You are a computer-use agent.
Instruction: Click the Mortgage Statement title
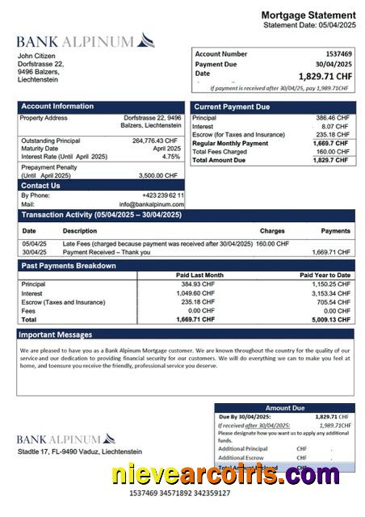tap(308, 15)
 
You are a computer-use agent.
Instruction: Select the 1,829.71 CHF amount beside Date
tap(325, 76)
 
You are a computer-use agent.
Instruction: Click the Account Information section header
tap(57, 107)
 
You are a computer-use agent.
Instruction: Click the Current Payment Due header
tap(232, 107)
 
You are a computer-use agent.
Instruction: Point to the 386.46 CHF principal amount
tap(332, 118)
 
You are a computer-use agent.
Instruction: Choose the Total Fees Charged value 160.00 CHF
tap(332, 152)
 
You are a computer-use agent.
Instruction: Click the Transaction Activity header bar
tap(102, 215)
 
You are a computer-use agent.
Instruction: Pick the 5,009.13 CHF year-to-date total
tap(332, 319)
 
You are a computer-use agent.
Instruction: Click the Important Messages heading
tap(56, 334)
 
